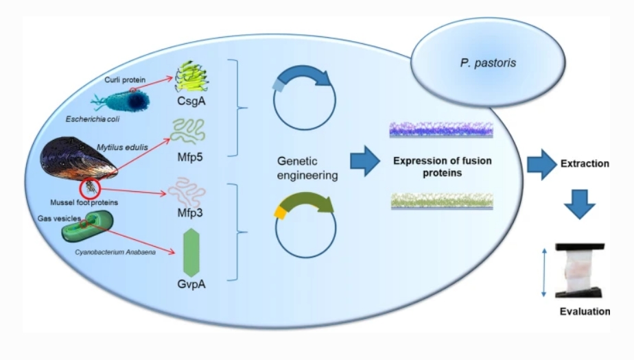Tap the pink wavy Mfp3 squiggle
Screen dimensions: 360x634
pos(192,191)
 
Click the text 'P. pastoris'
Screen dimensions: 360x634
pos(479,64)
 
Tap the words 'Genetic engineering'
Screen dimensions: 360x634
pos(307,167)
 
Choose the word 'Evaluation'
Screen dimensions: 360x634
pos(584,311)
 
